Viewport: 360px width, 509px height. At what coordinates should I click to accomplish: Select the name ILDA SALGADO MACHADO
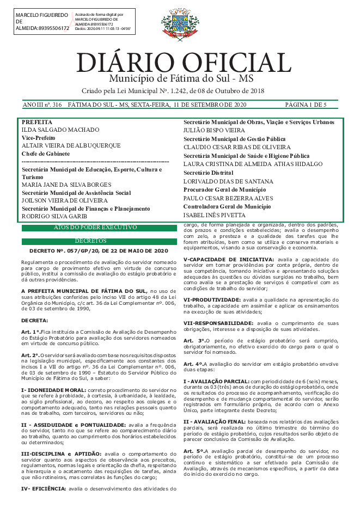tap(60, 130)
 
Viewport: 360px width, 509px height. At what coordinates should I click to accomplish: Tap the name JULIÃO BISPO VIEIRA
tap(215, 131)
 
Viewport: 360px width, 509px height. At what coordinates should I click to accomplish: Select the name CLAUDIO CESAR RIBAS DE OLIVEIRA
tap(237, 147)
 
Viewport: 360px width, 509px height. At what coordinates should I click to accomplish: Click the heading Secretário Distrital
tap(208, 173)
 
